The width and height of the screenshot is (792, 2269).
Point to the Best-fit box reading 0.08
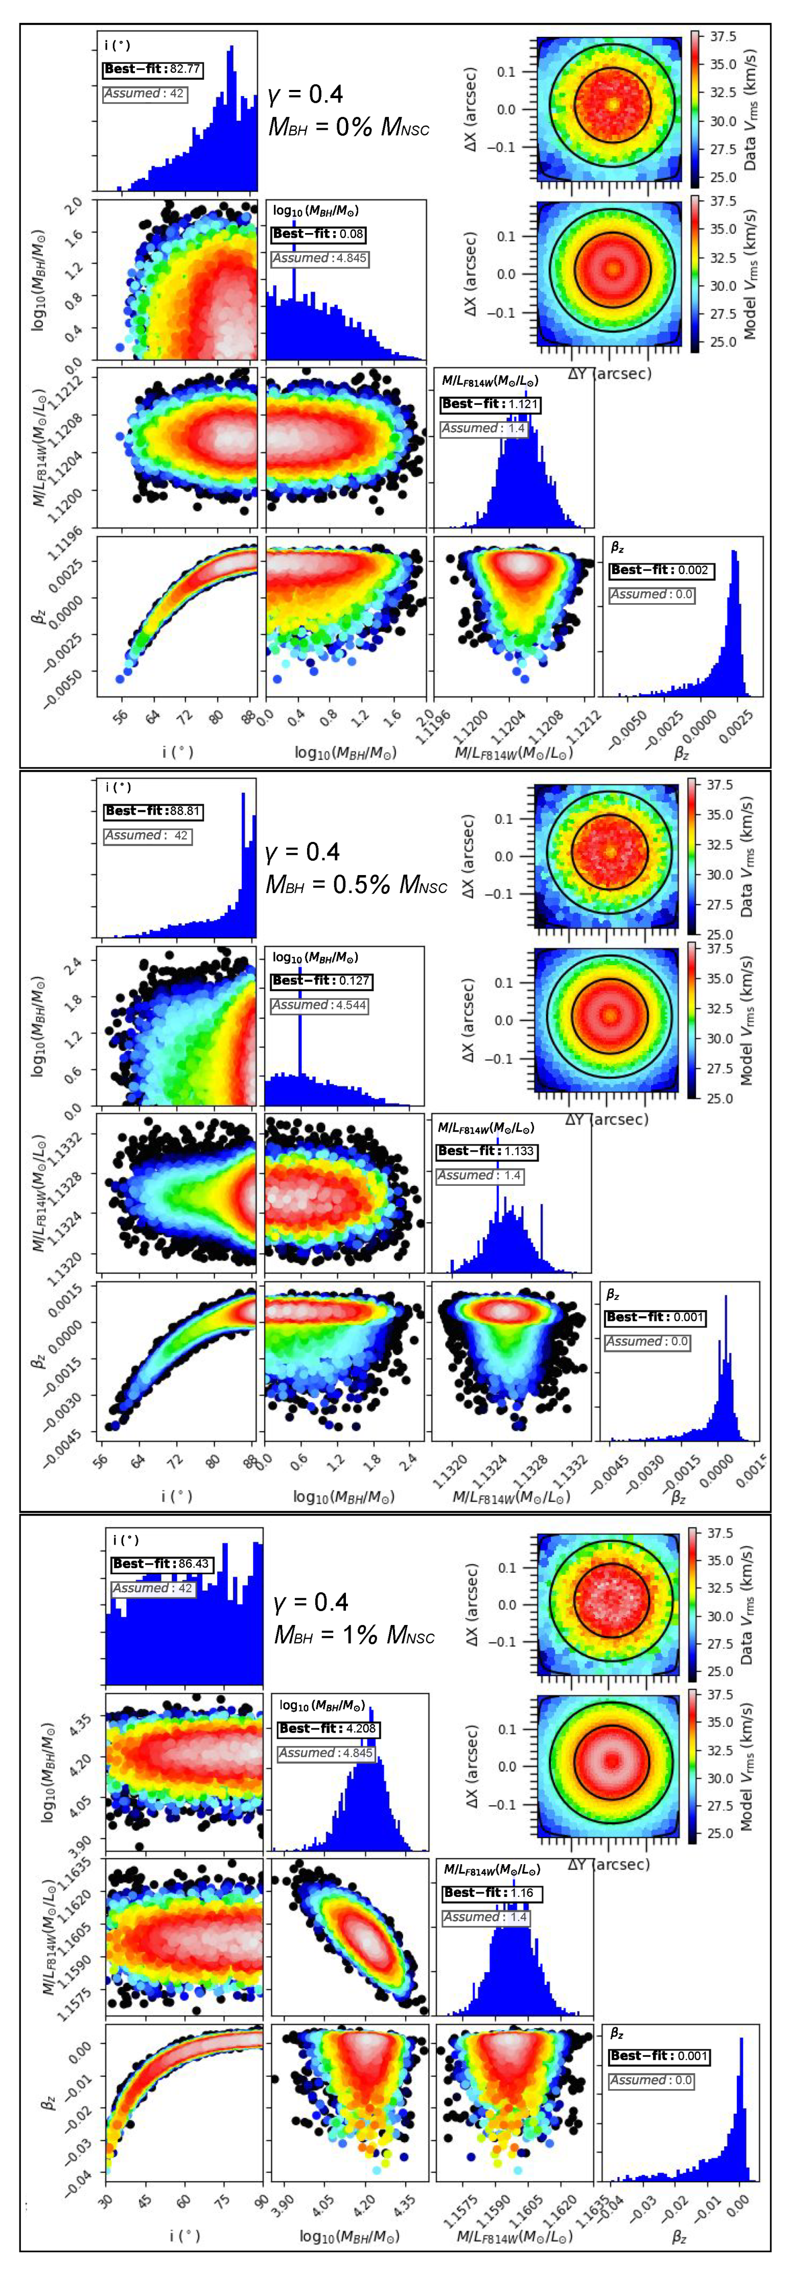(317, 234)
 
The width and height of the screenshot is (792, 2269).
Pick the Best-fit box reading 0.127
(321, 980)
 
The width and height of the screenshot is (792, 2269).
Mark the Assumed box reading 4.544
(320, 1005)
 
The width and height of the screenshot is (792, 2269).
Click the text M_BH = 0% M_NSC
(349, 128)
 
